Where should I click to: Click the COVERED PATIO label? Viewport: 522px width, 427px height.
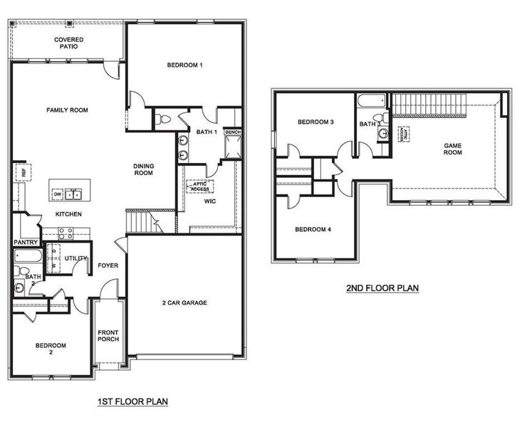coord(69,43)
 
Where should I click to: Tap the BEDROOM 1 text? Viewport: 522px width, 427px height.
coord(185,65)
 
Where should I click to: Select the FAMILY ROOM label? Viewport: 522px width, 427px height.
coord(67,110)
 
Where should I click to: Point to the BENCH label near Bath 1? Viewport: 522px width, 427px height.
coord(232,132)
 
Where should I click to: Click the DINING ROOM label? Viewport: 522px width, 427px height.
coord(144,169)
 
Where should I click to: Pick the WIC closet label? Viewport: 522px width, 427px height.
coord(211,201)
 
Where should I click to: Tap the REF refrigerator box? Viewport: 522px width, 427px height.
coord(23,172)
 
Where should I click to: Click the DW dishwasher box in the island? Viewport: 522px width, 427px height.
coord(58,193)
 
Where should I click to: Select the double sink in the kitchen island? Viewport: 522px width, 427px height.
coord(75,194)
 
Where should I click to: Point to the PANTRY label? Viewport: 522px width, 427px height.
coord(25,242)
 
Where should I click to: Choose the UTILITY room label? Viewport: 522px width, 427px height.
coord(76,258)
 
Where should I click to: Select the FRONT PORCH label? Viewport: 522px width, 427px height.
coord(108,336)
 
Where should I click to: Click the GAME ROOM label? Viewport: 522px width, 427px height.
coord(453,149)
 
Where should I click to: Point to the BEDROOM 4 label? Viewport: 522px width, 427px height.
coord(313,229)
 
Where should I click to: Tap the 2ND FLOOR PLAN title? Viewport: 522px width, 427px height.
coord(382,288)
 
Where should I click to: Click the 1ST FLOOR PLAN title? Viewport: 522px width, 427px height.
coord(132,402)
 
